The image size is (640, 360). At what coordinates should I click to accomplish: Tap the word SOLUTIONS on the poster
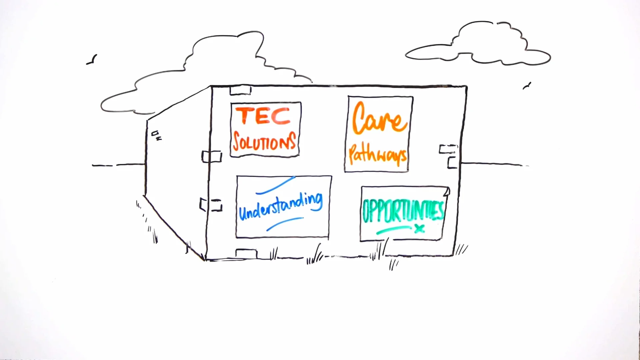coord(264,141)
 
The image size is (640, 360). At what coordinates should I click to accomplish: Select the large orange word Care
coord(379,119)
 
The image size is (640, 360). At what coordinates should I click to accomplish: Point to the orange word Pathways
coord(378,155)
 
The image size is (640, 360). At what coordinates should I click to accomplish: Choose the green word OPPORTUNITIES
coord(403,211)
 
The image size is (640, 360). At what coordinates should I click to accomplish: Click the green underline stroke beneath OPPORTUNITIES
coord(393,230)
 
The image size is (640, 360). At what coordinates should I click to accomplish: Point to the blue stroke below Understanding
coord(284,224)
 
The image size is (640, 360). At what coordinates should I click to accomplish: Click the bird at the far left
coord(92,60)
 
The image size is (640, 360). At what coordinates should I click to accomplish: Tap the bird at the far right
coord(527,86)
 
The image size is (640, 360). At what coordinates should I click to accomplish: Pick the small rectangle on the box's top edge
coord(240,90)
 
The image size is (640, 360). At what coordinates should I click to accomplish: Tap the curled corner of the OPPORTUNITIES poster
coord(447,191)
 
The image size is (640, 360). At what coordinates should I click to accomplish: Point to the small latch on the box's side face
coord(156,135)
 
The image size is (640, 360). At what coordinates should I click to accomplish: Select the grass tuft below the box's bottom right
coord(393,264)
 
